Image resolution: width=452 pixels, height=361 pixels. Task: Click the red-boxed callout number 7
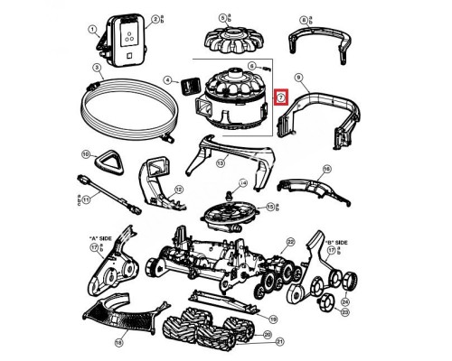click(281, 98)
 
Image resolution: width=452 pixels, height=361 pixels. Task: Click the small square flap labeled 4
click(189, 84)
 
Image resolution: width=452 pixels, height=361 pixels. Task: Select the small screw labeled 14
click(229, 190)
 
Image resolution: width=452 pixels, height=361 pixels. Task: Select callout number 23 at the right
click(344, 311)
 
